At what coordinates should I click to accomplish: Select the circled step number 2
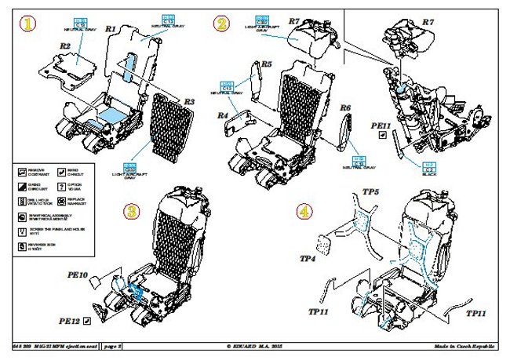221,24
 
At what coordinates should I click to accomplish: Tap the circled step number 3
132,210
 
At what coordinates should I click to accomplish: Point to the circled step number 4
304,210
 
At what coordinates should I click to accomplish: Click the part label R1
111,29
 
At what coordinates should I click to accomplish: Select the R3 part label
189,101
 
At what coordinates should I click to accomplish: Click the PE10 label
89,275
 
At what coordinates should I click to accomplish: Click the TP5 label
371,191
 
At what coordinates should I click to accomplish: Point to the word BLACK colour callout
429,174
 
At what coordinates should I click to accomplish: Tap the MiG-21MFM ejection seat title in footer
59,346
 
